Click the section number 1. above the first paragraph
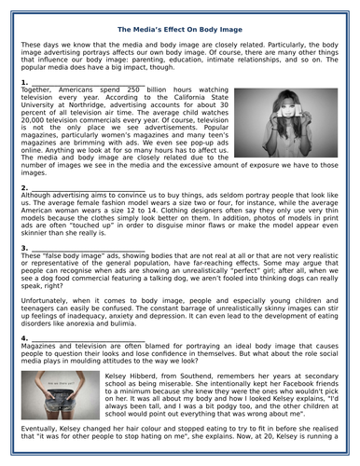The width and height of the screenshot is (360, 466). click(x=23, y=83)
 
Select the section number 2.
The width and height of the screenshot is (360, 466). click(x=23, y=187)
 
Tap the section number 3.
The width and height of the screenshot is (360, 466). click(x=23, y=248)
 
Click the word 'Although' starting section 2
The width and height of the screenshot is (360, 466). click(x=41, y=195)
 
